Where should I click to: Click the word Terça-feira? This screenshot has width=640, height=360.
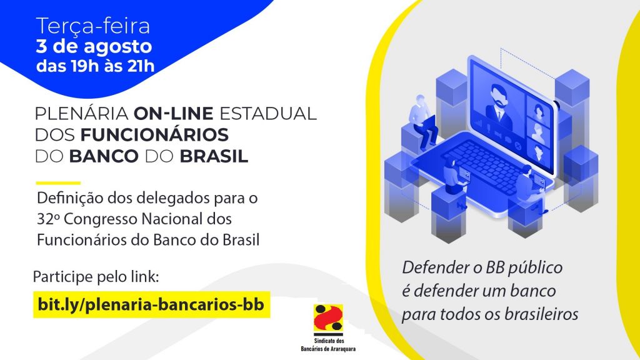[93, 26]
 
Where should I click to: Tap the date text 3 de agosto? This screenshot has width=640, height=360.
[94, 47]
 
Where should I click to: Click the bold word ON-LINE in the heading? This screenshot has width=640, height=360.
[174, 114]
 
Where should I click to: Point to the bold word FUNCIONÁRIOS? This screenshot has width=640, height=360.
[154, 135]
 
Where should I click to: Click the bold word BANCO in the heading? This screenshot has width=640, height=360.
[104, 156]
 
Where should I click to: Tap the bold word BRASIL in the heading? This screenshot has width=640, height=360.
[214, 156]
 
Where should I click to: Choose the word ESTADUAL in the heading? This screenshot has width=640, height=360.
[268, 114]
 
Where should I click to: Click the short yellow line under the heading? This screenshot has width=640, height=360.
[58, 183]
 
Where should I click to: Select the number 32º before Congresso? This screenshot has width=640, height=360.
[48, 219]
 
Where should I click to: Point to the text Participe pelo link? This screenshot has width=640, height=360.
[96, 277]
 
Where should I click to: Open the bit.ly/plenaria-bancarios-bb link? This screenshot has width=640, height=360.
[151, 304]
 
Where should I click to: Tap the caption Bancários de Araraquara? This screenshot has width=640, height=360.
[328, 349]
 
